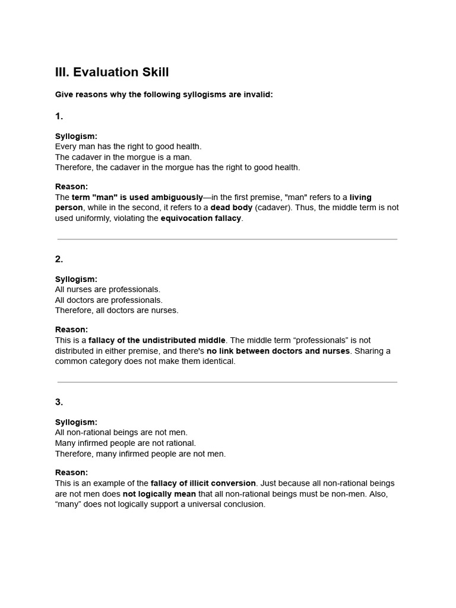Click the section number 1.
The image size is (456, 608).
click(59, 116)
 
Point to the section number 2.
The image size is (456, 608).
click(59, 259)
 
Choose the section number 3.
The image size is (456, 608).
click(59, 402)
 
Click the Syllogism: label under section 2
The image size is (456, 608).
click(76, 279)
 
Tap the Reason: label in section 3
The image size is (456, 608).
click(71, 473)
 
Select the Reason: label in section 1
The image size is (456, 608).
click(71, 186)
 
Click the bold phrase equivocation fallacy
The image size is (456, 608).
click(201, 218)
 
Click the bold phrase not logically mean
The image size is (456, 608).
click(159, 494)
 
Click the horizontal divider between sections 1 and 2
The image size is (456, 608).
click(227, 239)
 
